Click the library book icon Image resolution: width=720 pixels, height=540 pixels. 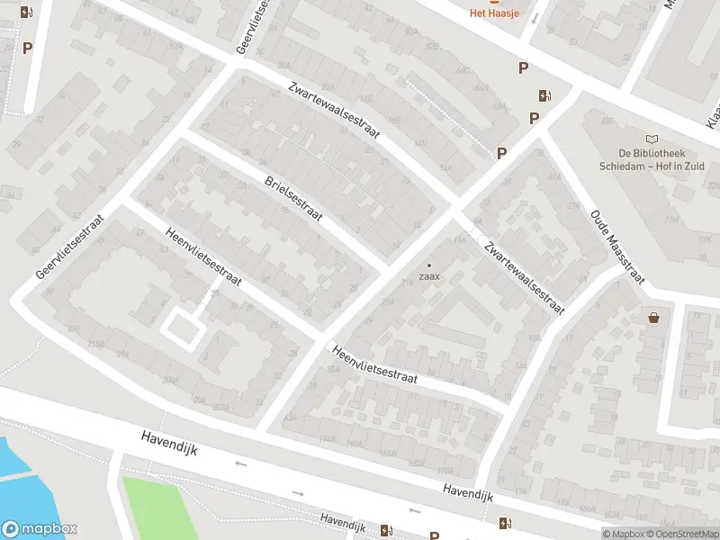652,139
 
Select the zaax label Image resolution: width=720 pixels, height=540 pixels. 428,276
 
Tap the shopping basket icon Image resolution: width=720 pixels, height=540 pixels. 653,317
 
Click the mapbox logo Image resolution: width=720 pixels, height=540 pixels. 40,529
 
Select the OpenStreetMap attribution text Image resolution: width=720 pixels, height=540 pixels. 688,534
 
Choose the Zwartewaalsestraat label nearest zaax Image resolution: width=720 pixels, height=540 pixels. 523,277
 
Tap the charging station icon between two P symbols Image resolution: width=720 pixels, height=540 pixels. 543,95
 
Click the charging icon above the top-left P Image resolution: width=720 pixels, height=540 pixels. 27,13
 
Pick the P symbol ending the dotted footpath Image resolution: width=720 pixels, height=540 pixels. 501,153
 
